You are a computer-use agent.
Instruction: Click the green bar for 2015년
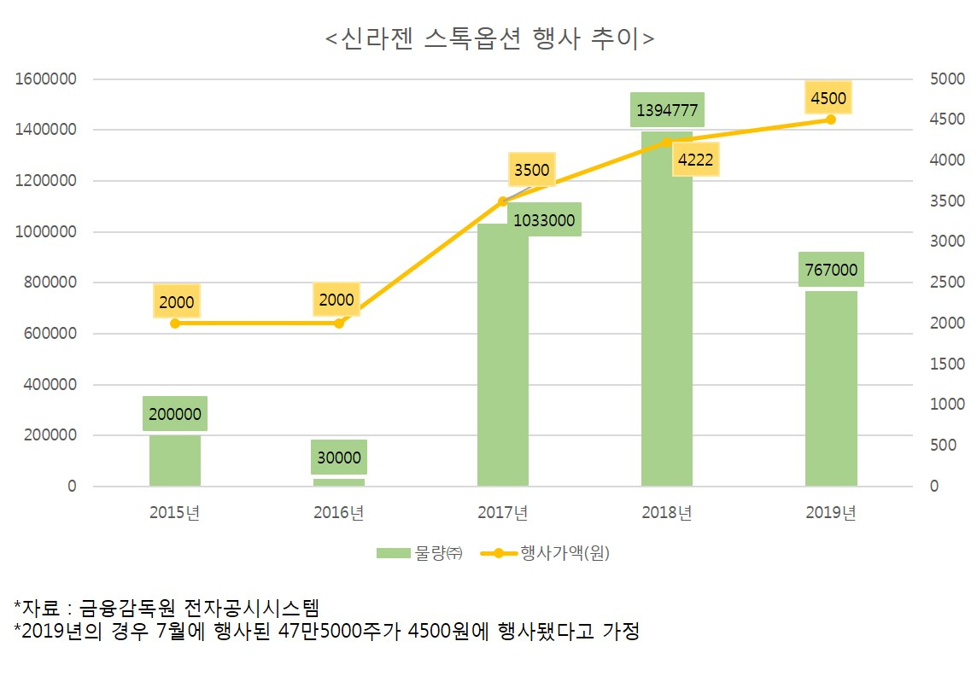tap(175, 461)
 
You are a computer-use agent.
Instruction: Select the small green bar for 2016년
tap(339, 482)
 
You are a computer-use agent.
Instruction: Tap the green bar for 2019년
tap(831, 388)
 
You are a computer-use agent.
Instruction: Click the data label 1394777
tap(667, 110)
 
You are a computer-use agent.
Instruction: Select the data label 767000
tap(831, 270)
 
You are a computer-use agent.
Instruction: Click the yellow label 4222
tap(696, 159)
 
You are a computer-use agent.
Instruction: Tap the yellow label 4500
tap(828, 98)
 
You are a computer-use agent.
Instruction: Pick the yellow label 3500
tap(531, 170)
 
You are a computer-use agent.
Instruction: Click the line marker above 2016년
tap(339, 324)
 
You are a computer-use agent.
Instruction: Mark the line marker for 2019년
tap(831, 119)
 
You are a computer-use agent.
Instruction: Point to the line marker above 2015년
tap(175, 324)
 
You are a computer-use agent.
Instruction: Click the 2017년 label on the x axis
tap(503, 513)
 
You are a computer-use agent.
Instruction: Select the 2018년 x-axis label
tap(667, 513)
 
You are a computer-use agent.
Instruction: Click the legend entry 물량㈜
tap(419, 553)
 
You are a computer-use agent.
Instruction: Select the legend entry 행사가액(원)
tap(547, 553)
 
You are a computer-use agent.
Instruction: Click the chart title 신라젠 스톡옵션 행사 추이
tap(489, 39)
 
